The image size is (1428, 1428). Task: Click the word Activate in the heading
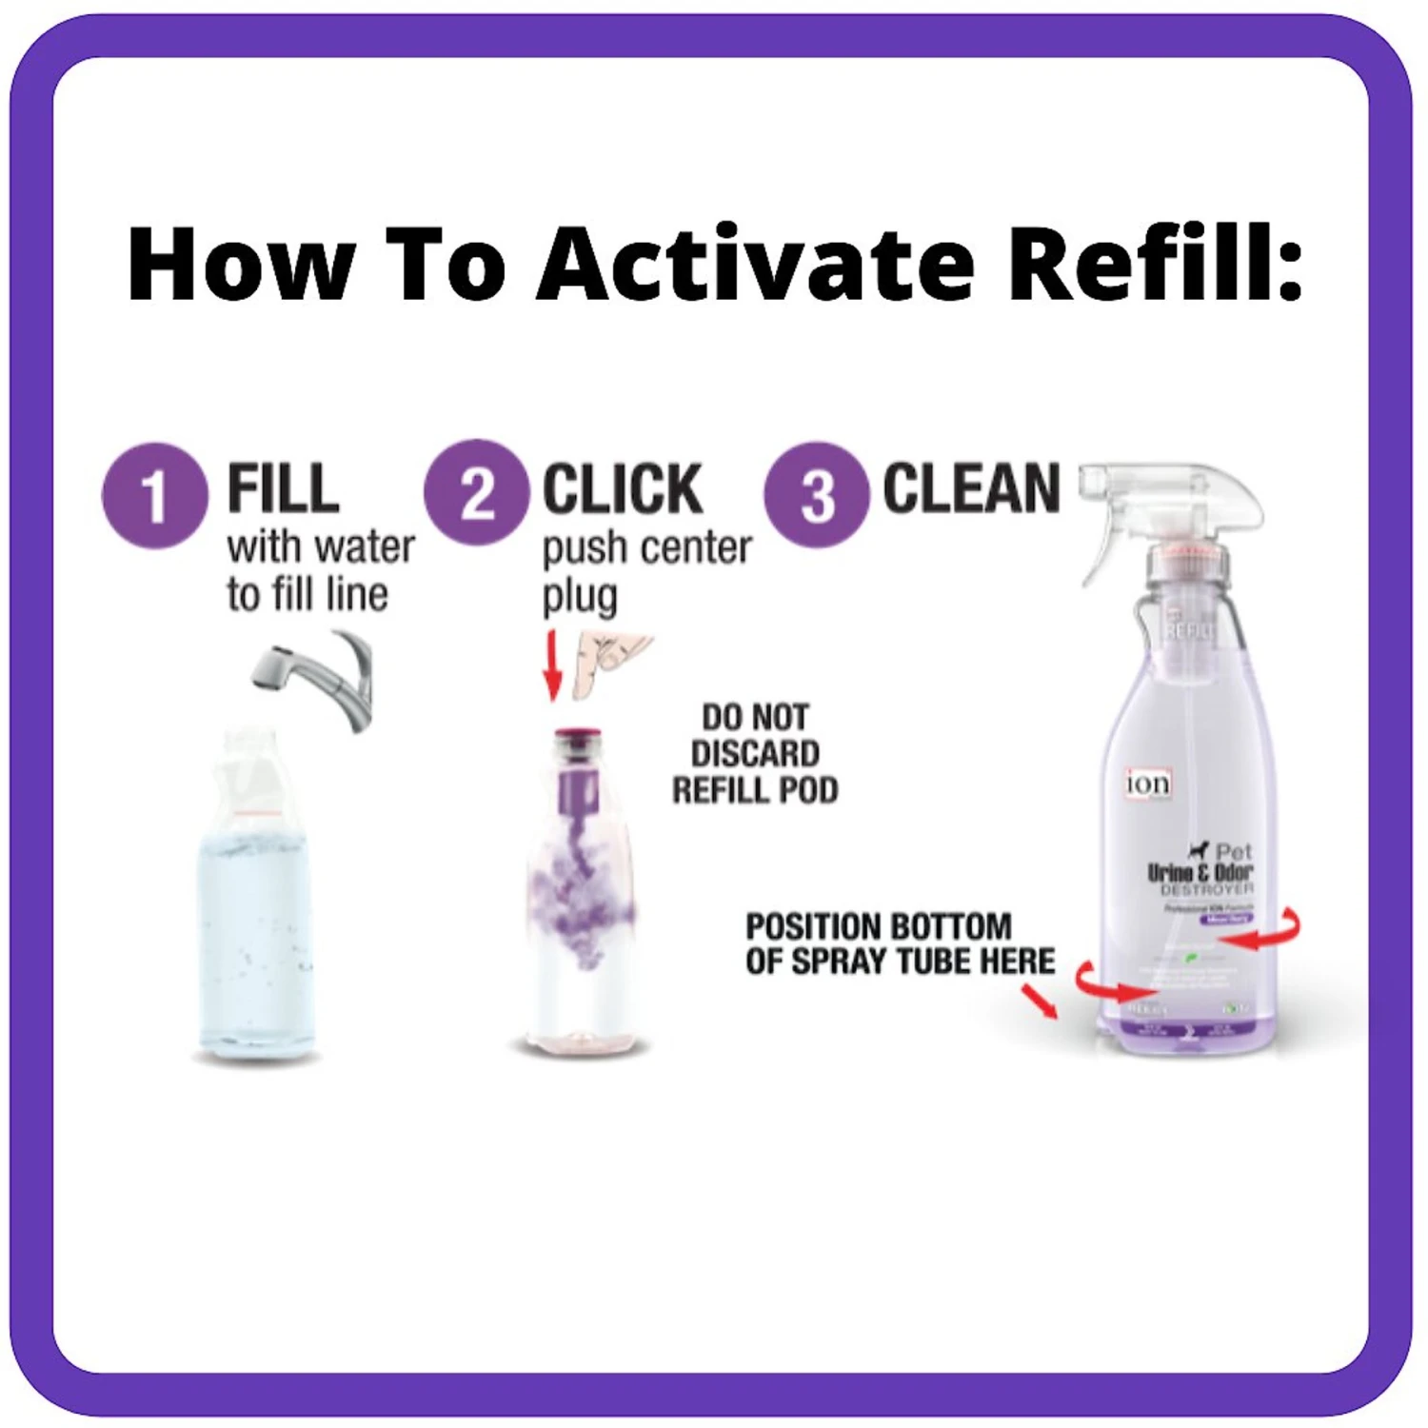(756, 264)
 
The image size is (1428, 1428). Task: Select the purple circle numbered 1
(154, 496)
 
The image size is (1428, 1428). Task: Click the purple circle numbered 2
(476, 492)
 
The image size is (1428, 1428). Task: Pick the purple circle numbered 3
(816, 495)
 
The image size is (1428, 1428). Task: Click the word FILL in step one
(283, 489)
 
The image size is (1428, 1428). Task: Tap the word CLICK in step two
(622, 489)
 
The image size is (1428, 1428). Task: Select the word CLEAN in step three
(970, 488)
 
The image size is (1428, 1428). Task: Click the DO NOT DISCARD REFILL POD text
(755, 753)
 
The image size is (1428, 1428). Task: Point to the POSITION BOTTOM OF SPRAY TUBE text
(900, 943)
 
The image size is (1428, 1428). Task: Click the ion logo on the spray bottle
(1148, 783)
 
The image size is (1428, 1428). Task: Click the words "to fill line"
(307, 594)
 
